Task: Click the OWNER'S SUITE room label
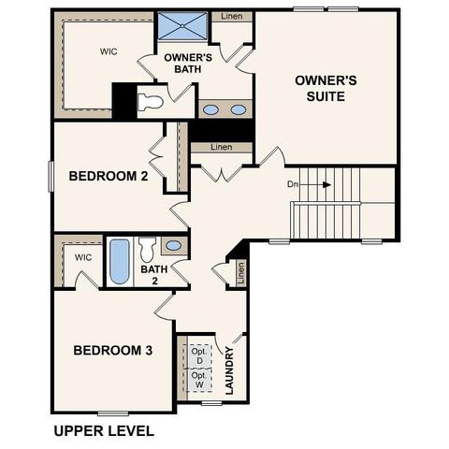(320, 88)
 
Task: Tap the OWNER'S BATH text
(187, 65)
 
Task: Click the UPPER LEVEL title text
(103, 431)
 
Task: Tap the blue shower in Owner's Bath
(181, 26)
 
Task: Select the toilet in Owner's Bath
(150, 101)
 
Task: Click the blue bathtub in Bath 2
(119, 262)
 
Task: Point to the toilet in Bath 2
(147, 250)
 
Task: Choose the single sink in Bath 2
(173, 246)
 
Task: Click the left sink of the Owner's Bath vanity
(211, 109)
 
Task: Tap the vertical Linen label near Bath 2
(240, 273)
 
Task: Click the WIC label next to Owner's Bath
(109, 51)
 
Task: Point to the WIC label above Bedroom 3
(83, 257)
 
